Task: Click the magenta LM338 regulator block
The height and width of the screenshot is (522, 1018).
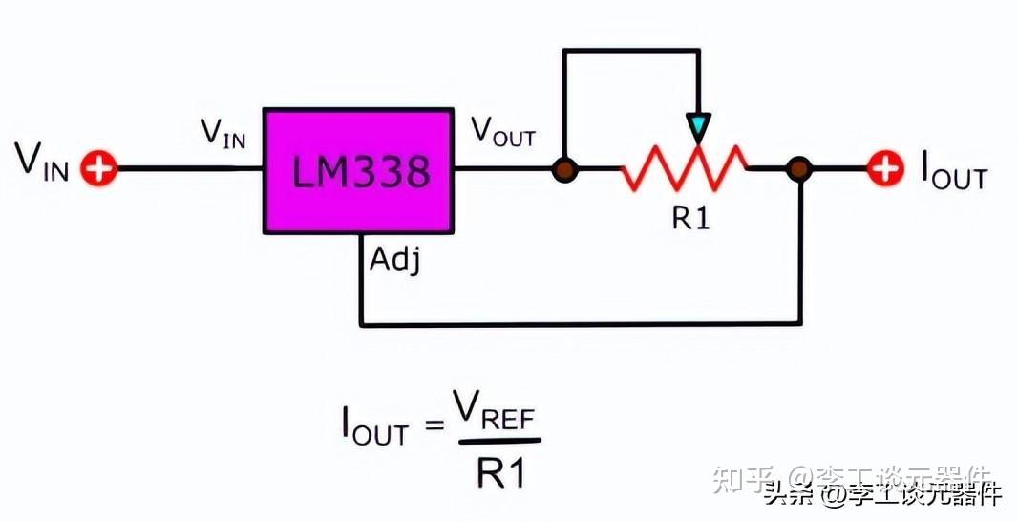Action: click(358, 170)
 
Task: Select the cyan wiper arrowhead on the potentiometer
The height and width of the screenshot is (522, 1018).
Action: click(699, 125)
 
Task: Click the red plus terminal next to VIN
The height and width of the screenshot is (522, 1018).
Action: click(97, 170)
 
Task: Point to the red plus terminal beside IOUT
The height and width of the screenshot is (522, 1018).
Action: click(885, 170)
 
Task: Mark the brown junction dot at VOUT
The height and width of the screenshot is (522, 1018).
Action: click(565, 170)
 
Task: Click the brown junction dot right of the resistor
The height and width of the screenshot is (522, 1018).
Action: click(798, 170)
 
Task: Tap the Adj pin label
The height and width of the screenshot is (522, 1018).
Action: click(392, 259)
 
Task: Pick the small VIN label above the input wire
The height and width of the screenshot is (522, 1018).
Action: click(223, 133)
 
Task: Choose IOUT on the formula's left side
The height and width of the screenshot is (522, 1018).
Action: click(374, 431)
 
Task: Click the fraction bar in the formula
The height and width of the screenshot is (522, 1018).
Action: click(498, 442)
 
